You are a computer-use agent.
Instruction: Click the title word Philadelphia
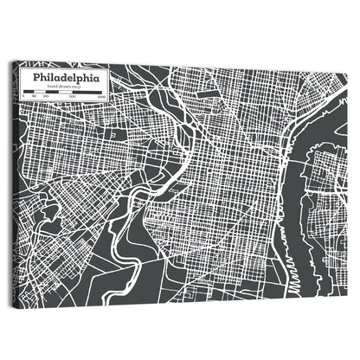66,77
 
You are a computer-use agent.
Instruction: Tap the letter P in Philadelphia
35,77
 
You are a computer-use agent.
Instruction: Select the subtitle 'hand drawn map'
67,87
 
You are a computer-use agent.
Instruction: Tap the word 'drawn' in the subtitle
67,87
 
